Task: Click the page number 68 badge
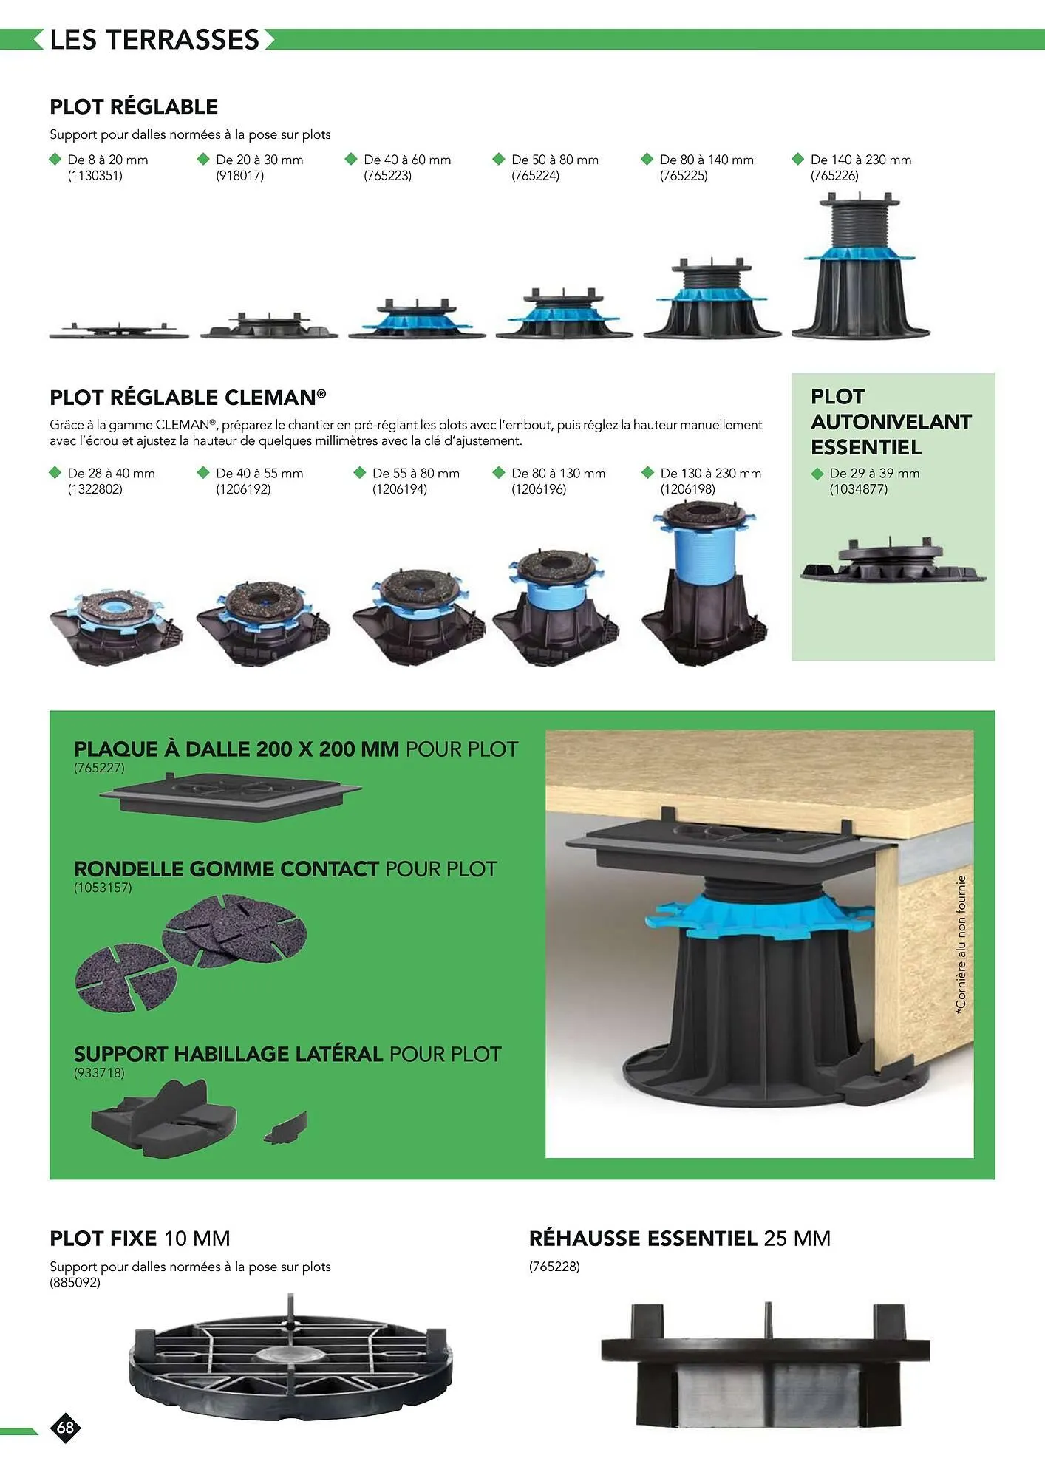(66, 1427)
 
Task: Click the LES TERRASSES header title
(154, 39)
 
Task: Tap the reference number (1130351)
(95, 176)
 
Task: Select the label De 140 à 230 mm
(861, 160)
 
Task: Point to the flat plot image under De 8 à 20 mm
(119, 330)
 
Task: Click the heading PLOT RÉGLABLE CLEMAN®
(188, 398)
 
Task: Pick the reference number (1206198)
(688, 489)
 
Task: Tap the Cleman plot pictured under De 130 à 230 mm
(705, 581)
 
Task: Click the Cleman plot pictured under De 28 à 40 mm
(116, 624)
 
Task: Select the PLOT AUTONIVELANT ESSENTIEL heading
(891, 422)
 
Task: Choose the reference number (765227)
(100, 768)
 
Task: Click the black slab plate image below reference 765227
(231, 796)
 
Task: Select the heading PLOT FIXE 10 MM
(140, 1238)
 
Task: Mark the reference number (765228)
(554, 1267)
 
